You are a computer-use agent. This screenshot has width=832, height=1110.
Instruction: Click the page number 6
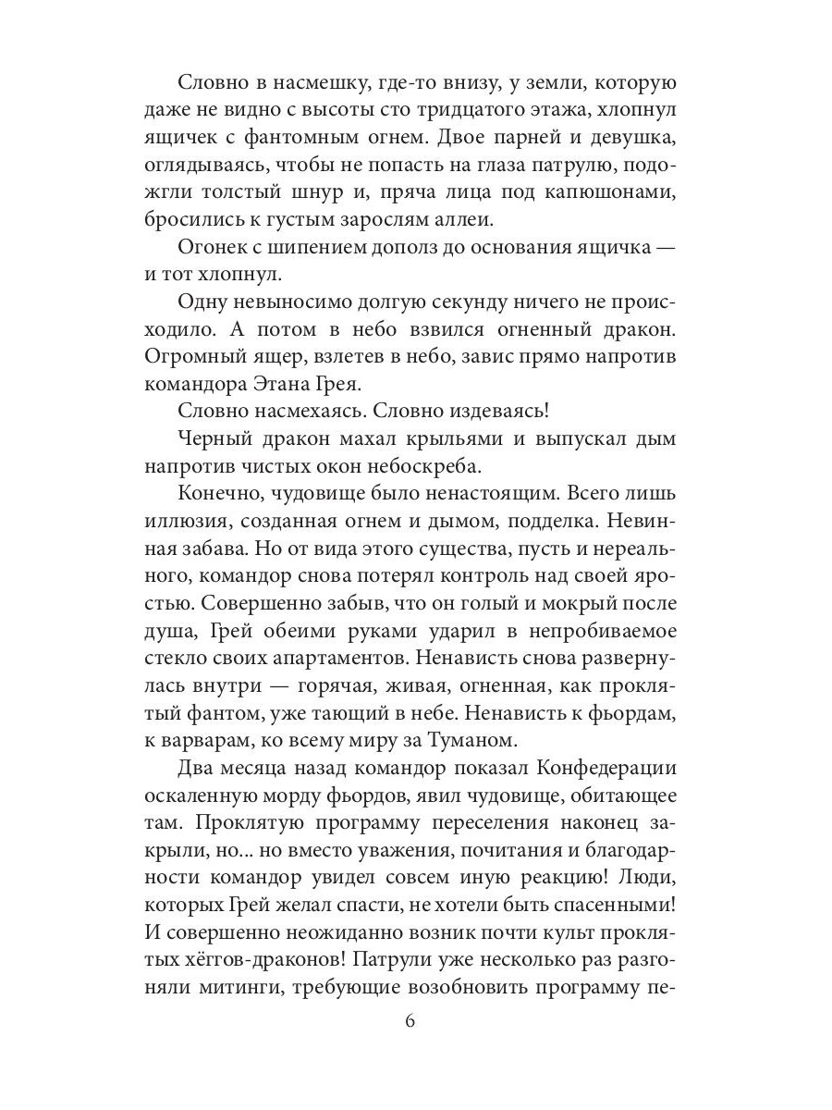(x=410, y=1021)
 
